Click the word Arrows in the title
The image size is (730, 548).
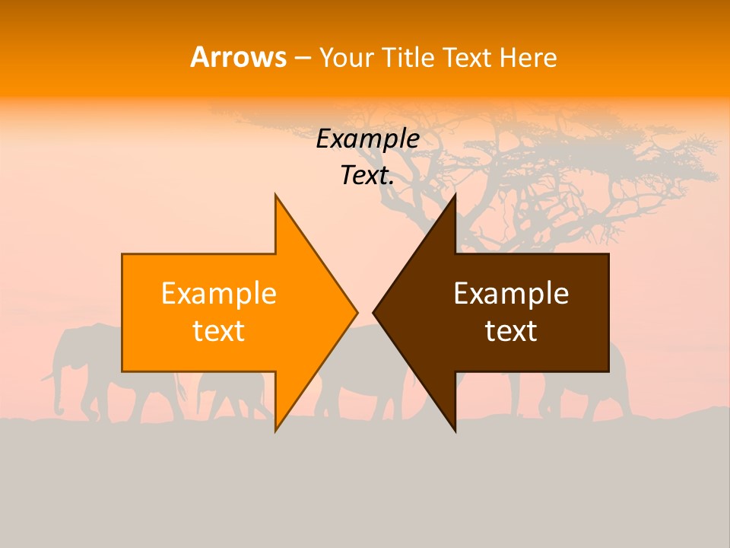tap(238, 57)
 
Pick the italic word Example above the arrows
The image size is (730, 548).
tap(367, 139)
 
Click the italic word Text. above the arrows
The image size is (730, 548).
tap(367, 176)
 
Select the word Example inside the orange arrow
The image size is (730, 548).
tap(218, 294)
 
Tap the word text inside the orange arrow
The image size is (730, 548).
tap(218, 331)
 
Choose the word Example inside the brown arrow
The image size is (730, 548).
tap(511, 294)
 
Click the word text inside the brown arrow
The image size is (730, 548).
tap(511, 331)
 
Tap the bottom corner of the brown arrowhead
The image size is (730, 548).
tap(455, 430)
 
